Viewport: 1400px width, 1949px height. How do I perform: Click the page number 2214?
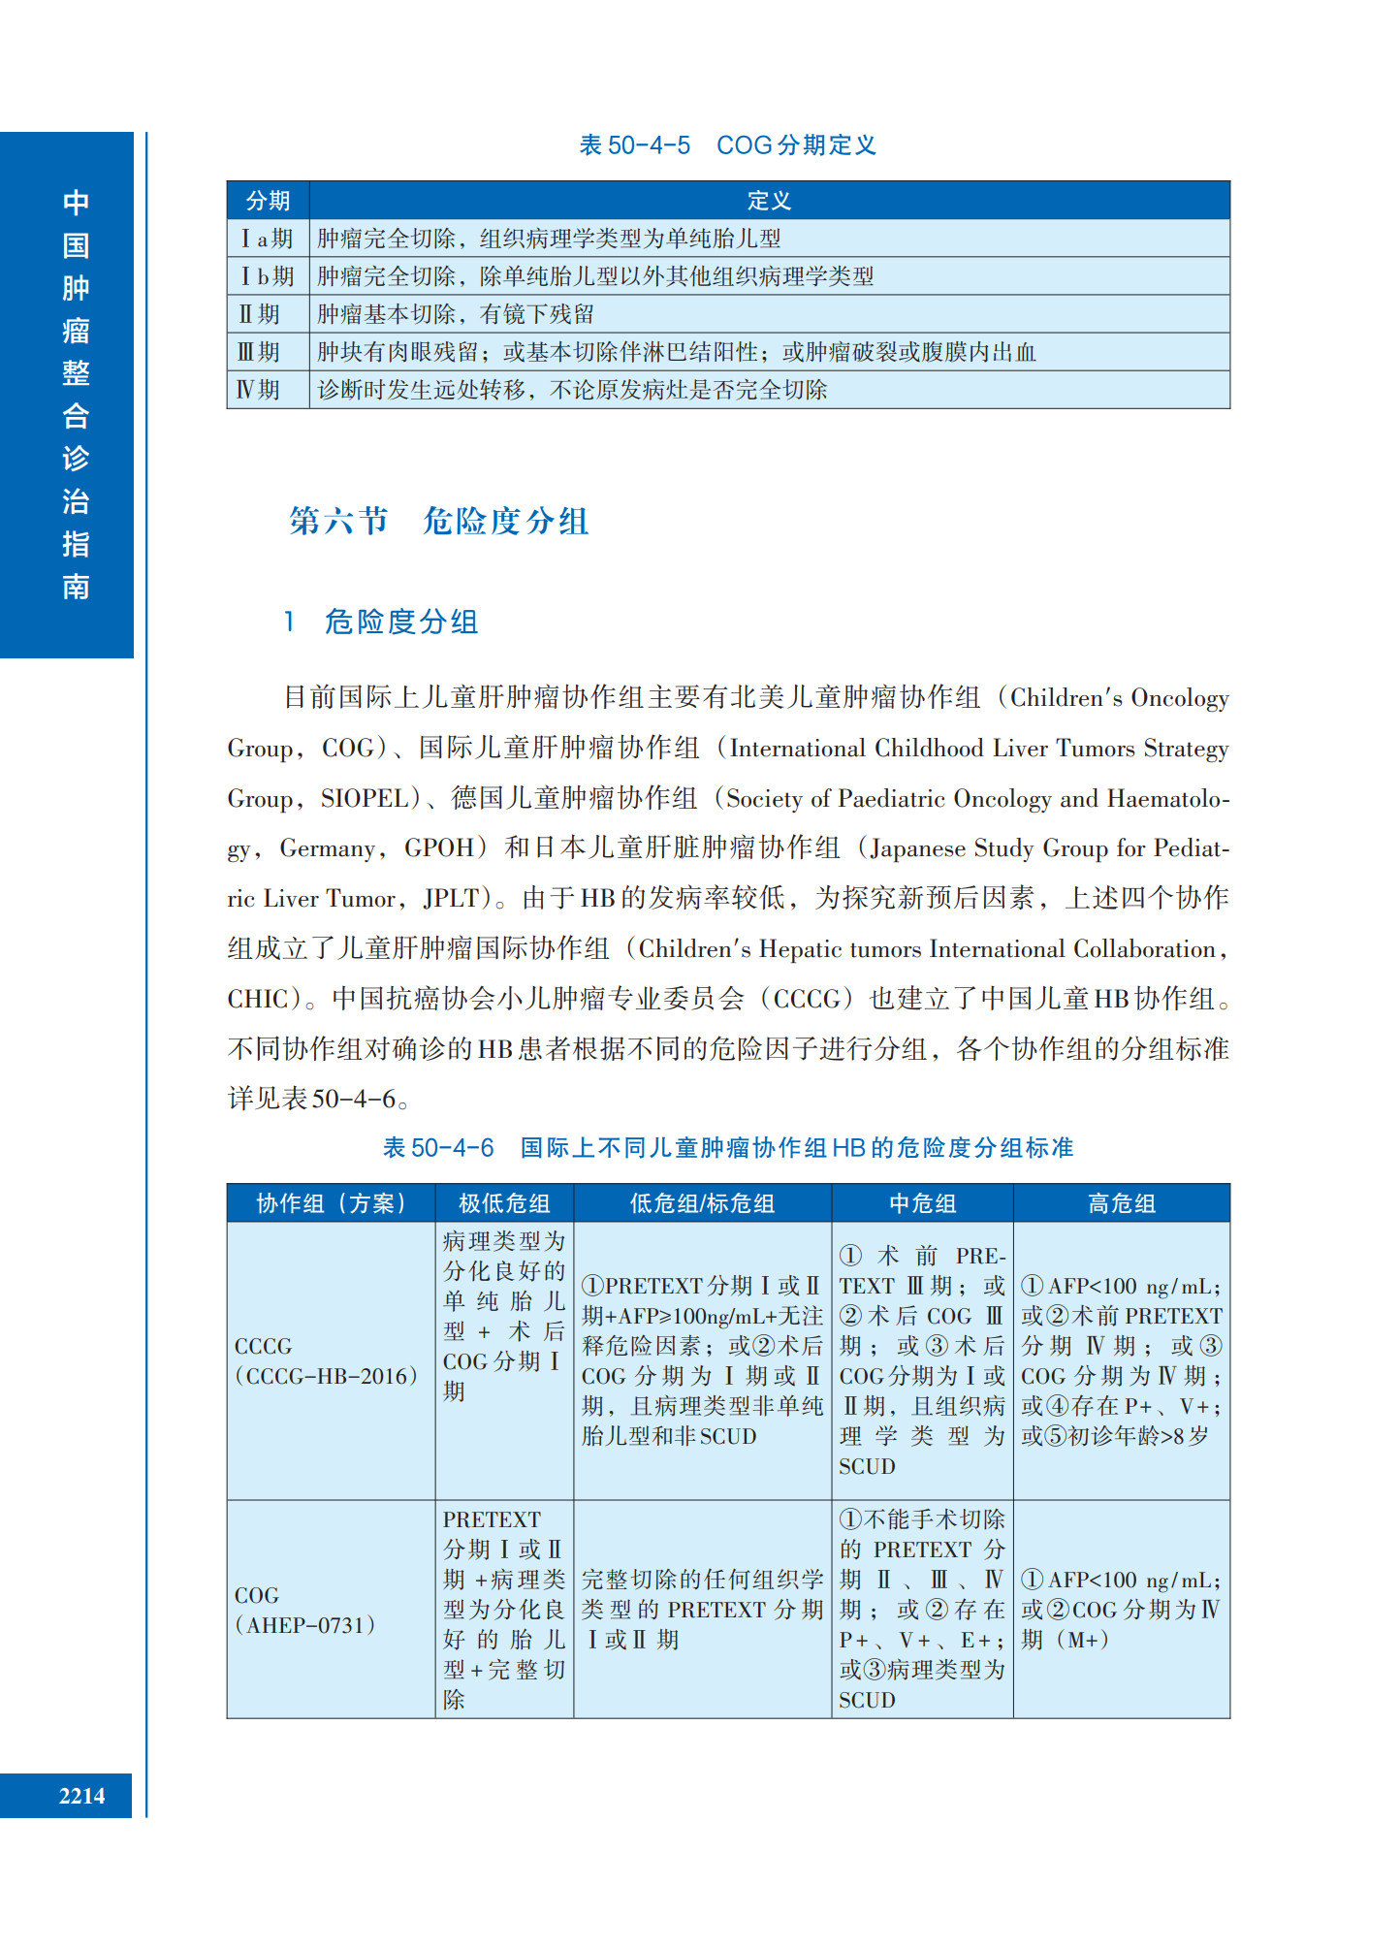coord(81,1796)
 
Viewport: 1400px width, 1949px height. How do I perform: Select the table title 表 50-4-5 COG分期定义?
coord(727,145)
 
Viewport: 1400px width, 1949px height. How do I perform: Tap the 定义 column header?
coord(768,201)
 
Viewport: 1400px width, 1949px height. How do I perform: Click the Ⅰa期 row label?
coord(267,239)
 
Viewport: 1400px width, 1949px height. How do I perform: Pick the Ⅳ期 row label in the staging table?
coord(259,390)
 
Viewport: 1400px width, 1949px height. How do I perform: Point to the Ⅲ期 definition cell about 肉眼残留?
coord(676,352)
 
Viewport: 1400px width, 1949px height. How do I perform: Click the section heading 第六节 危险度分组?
coord(438,521)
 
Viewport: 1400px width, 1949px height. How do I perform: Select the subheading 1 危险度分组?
coord(382,622)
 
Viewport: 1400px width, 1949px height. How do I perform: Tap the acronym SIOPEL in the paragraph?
coord(365,799)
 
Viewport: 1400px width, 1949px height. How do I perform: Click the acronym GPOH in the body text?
coord(439,848)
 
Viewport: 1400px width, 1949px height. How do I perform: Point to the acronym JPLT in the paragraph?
coord(451,899)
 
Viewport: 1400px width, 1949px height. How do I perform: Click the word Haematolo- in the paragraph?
coord(1168,799)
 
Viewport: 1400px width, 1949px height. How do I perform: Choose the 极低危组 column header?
coord(504,1203)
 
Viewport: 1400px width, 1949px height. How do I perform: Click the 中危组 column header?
coord(922,1203)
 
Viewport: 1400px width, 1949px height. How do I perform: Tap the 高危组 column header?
coord(1121,1203)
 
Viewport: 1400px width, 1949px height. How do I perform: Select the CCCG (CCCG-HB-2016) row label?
coord(327,1360)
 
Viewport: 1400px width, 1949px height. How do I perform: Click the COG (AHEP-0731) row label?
coord(304,1610)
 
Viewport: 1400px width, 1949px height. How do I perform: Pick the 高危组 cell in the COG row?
coord(1121,1610)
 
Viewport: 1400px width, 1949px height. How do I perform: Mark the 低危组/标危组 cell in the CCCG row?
coord(702,1360)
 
